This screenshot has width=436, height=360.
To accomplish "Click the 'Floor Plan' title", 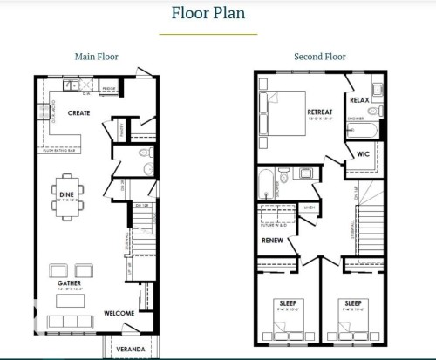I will (x=208, y=13).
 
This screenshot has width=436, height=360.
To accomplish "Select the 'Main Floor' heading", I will (x=96, y=57).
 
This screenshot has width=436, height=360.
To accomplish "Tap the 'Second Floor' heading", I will (x=320, y=57).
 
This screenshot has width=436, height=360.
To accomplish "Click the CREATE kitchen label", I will (x=79, y=113).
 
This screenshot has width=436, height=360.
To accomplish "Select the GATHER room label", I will (x=70, y=283).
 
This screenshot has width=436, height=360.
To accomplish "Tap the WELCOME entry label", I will (x=119, y=313).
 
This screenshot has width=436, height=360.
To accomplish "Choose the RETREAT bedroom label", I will (x=320, y=112).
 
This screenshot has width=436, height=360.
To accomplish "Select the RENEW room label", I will (x=271, y=240).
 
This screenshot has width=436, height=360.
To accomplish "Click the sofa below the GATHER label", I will (x=70, y=301).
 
